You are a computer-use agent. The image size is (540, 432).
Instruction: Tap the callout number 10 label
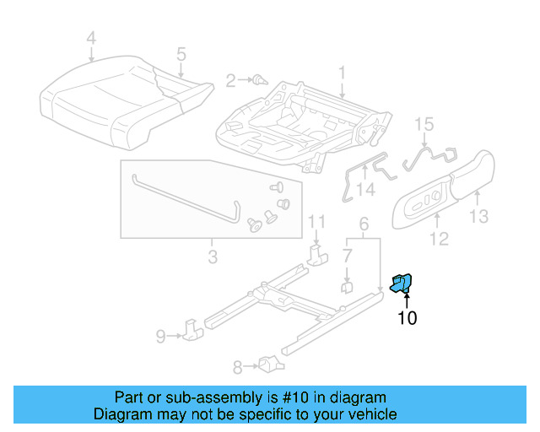(407, 318)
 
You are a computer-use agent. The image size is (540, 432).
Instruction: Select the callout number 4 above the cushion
(91, 38)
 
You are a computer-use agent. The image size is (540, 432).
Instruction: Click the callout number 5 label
(181, 54)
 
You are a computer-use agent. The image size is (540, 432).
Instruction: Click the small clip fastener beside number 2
(260, 81)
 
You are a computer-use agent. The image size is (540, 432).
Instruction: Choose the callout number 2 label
(230, 81)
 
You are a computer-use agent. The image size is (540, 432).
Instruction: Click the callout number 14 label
(364, 190)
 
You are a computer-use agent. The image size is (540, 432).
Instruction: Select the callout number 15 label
(424, 124)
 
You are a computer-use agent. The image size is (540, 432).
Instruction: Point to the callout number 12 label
(438, 240)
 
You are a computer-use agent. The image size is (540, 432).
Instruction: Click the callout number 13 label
(478, 218)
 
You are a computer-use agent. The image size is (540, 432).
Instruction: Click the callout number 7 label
(347, 255)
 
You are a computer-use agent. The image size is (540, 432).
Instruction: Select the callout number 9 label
(159, 337)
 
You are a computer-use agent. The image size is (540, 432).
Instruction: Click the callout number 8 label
(237, 366)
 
